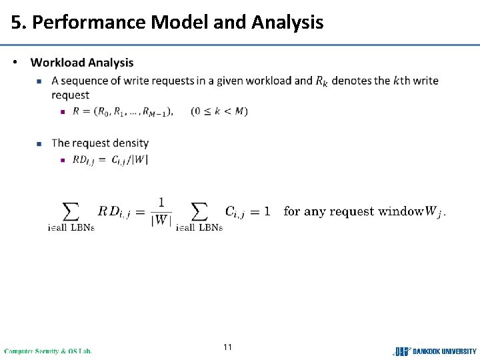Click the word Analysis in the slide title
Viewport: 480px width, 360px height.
click(287, 23)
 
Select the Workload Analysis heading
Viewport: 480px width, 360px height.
click(82, 63)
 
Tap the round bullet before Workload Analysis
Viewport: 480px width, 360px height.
click(16, 63)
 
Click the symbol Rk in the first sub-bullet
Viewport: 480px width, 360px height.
click(321, 81)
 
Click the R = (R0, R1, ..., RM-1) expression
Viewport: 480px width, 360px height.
click(123, 111)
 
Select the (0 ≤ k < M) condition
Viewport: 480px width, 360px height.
click(219, 111)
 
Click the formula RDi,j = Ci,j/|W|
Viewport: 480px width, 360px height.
click(110, 159)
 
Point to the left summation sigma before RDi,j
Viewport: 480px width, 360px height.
click(71, 211)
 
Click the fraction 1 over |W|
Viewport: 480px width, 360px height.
click(161, 211)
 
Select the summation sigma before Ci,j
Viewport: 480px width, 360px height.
click(199, 211)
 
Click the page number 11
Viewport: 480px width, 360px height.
click(228, 347)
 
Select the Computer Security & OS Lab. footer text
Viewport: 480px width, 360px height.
click(48, 351)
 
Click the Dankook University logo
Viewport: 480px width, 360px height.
click(435, 351)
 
